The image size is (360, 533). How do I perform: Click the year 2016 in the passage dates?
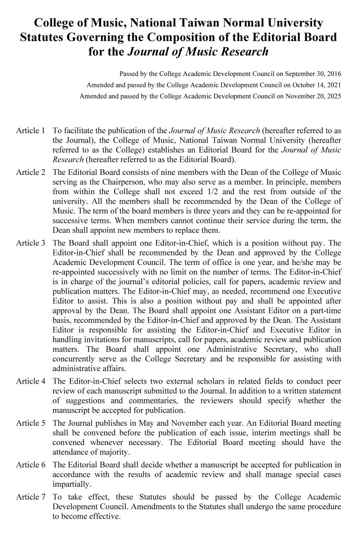point(333,73)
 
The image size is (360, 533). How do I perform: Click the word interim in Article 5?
point(230,433)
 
